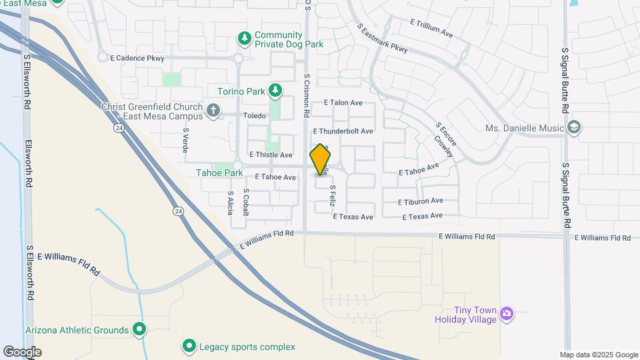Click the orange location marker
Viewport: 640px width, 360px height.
pos(321,159)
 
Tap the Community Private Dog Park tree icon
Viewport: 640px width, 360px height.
pos(245,39)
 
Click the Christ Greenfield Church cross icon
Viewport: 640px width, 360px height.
pos(213,110)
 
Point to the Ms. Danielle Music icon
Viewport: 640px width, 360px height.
pos(574,127)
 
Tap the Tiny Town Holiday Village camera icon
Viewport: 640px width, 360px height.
pos(507,313)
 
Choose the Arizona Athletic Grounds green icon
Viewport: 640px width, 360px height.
pos(139,329)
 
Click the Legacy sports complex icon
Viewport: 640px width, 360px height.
pos(189,346)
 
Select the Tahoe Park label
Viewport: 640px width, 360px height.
pos(219,173)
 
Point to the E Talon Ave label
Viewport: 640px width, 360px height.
pos(343,103)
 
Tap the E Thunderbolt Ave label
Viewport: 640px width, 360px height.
pos(343,131)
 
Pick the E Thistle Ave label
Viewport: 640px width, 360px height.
pos(271,155)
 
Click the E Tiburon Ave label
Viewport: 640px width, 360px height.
pos(420,201)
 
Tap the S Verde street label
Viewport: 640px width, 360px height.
pos(186,141)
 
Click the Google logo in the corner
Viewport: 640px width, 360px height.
pos(22,351)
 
